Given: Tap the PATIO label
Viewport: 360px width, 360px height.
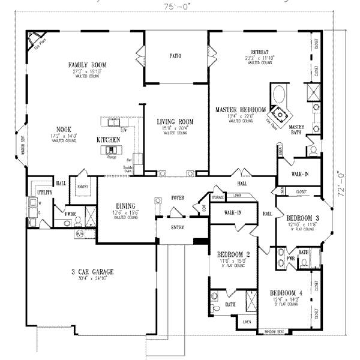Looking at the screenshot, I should [175, 56].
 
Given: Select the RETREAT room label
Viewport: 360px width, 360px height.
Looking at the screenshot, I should [259, 52].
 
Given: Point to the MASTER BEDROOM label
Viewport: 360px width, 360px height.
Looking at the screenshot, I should [241, 109].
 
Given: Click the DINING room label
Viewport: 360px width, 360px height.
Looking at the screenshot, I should [125, 205].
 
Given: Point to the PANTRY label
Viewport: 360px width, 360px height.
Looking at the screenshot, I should [82, 187].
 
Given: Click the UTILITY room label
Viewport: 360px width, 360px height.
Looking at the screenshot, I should [44, 193].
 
